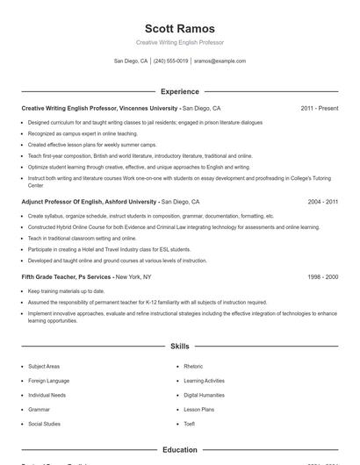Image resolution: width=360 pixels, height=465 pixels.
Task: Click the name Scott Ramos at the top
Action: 179,28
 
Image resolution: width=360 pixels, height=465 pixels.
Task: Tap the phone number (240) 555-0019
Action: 170,61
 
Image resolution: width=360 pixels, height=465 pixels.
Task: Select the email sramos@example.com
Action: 220,61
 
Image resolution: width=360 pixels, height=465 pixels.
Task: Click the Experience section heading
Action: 179,91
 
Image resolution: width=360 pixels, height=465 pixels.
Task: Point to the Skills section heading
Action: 179,346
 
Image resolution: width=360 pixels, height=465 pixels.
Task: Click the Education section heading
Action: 179,449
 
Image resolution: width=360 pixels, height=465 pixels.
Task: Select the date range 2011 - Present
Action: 319,108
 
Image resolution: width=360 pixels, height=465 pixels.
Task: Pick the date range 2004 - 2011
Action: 322,201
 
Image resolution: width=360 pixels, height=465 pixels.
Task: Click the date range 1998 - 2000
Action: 322,276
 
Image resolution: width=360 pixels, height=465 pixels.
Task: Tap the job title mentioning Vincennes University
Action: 100,108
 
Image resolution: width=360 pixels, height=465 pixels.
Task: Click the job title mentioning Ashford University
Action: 90,201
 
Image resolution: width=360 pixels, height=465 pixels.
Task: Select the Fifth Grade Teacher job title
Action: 67,276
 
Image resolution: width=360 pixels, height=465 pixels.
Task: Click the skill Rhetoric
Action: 193,366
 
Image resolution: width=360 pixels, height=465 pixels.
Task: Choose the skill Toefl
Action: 190,423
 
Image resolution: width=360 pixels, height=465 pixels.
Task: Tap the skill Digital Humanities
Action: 205,395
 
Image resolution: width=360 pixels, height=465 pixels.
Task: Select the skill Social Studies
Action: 45,423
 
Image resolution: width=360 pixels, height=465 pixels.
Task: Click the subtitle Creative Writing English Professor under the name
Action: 179,42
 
